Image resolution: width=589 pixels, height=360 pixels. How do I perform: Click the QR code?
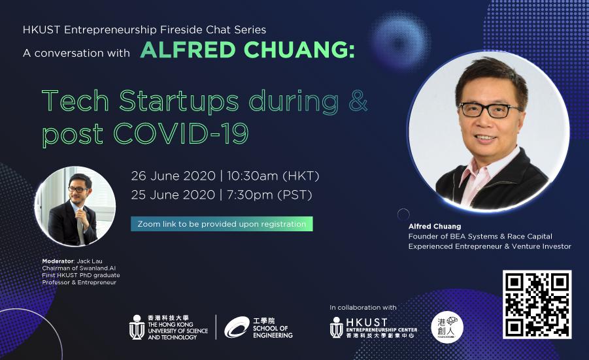537,304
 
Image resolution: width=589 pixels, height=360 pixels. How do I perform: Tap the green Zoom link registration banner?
222,224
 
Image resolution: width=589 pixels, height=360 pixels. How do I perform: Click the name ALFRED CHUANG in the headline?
248,50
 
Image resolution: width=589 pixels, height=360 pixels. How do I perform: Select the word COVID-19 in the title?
181,133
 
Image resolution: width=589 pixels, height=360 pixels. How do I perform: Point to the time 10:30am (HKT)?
273,176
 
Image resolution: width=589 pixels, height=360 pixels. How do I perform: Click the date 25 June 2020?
173,195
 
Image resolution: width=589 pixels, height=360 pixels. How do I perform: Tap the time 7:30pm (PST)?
270,195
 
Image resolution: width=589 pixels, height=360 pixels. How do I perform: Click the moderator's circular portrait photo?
75,206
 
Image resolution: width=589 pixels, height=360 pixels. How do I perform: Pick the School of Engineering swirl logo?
237,327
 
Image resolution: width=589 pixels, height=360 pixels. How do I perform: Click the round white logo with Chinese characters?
447,327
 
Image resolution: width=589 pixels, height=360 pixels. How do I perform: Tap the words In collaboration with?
363,308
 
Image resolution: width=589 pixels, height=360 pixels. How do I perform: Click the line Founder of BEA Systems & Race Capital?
480,237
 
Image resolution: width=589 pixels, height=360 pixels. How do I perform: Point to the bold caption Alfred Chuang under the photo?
435,226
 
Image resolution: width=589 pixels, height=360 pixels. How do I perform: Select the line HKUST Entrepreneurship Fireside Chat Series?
144,29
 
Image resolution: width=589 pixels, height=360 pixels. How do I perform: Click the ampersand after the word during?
358,101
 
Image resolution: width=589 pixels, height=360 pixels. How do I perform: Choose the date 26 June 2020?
173,176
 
